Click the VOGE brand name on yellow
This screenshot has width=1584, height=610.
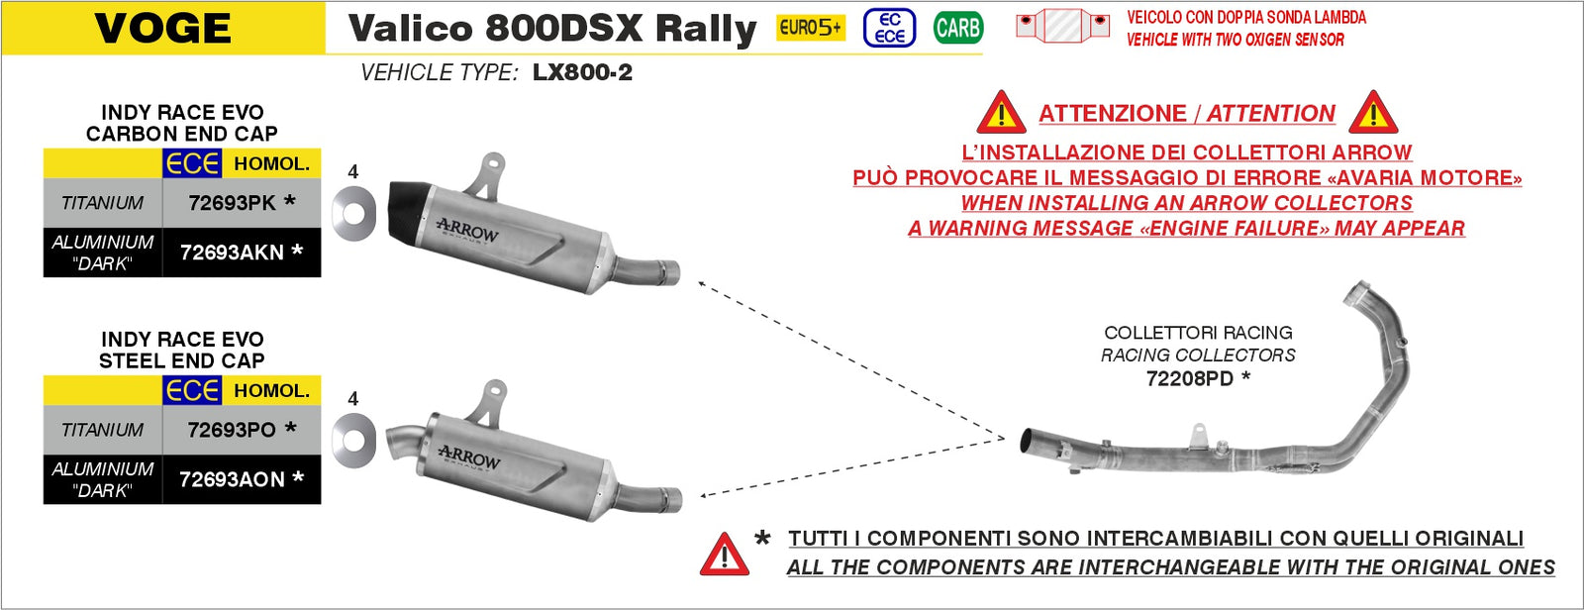coord(163,28)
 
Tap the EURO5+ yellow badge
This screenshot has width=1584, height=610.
coord(810,28)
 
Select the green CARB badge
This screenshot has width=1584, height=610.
coord(957,28)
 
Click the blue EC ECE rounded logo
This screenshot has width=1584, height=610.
coord(889,28)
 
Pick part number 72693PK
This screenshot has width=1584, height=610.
coord(233,203)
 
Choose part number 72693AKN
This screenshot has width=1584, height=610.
coord(233,253)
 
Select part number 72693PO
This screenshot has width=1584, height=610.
coord(233,430)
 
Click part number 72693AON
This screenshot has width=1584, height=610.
coord(233,479)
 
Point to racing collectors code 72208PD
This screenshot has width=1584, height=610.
coord(1190,378)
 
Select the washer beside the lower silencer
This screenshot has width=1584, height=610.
coord(353,440)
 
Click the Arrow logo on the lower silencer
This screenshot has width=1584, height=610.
coord(469,458)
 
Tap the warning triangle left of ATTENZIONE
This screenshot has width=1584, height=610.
coord(1001,115)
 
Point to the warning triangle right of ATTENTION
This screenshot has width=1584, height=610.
coord(1372,115)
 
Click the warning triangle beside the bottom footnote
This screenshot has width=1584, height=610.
coord(724,556)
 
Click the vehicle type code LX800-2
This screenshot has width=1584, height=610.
coord(582,72)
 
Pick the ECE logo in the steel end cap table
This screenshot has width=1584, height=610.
coord(192,391)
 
